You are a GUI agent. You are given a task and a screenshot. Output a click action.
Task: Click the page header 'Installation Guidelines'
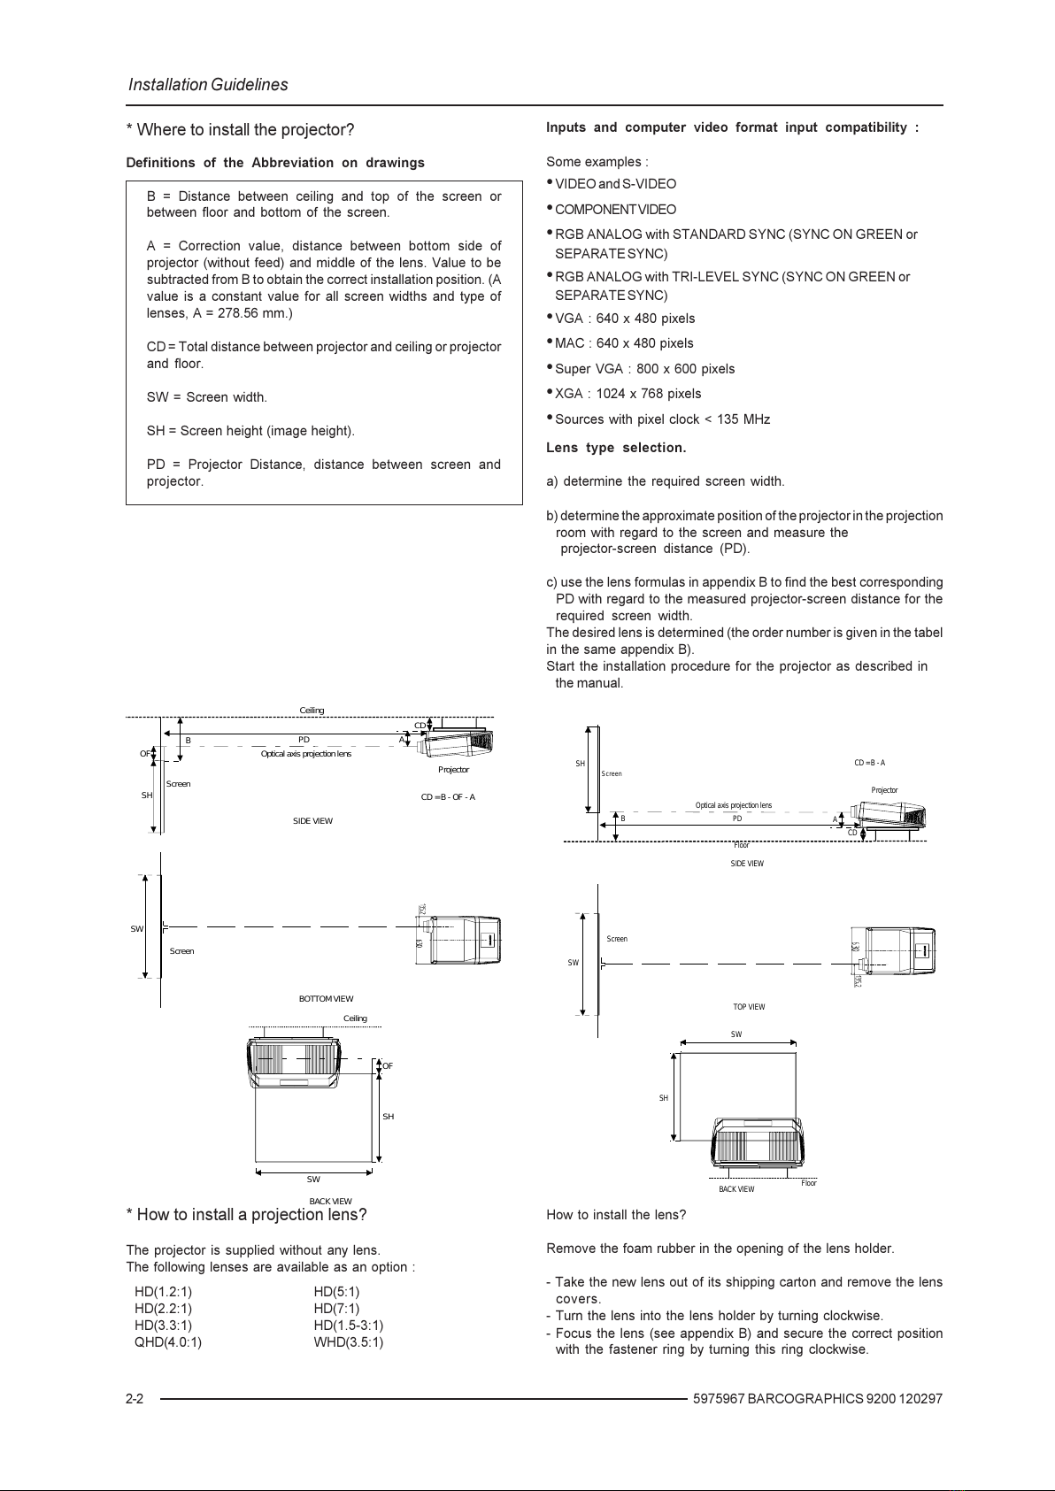(208, 85)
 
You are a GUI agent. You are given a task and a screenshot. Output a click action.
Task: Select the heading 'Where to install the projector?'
(245, 130)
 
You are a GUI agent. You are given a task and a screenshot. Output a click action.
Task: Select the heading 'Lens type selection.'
(616, 448)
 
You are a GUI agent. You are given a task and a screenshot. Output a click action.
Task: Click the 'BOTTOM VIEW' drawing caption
(326, 999)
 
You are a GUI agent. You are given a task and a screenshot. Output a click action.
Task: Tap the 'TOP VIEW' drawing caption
(749, 1007)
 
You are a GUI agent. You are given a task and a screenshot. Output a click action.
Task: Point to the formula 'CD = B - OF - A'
(448, 797)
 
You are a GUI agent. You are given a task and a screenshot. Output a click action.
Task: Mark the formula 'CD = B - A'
(869, 763)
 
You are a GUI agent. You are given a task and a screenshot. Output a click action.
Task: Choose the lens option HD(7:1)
(336, 1308)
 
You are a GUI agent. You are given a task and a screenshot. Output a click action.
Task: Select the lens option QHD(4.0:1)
(168, 1341)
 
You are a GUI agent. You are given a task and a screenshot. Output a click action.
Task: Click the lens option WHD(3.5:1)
(348, 1341)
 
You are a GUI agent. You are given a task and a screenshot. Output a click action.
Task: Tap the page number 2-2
(135, 1399)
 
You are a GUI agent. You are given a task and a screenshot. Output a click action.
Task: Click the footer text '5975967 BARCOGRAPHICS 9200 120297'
(818, 1399)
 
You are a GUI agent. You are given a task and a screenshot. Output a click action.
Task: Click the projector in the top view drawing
(896, 950)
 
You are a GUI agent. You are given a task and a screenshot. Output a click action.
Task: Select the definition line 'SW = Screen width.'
(206, 397)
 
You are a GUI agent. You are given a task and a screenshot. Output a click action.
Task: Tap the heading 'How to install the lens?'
(616, 1215)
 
